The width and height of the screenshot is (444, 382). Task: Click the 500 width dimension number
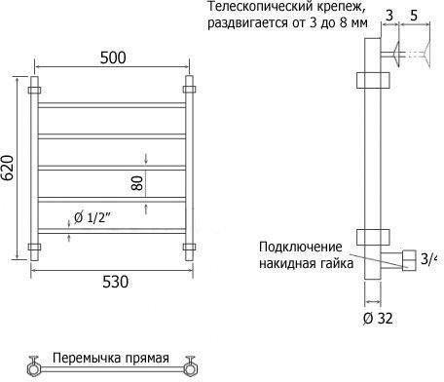click(113, 57)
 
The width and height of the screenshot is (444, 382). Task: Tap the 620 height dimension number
click(8, 168)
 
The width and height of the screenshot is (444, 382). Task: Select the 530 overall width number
click(115, 282)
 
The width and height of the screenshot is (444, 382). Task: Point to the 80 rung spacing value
click(137, 183)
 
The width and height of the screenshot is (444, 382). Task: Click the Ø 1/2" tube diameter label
click(92, 217)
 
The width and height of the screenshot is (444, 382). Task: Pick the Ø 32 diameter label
click(378, 319)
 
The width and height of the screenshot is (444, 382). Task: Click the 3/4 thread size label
click(427, 259)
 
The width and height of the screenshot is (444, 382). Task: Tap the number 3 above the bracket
click(389, 16)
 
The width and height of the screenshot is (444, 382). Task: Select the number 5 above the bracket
click(414, 16)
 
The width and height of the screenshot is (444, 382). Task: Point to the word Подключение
click(301, 247)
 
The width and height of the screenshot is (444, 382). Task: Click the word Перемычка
click(83, 358)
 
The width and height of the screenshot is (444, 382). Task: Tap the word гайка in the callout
click(334, 263)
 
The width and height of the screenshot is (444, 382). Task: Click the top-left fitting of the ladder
click(34, 90)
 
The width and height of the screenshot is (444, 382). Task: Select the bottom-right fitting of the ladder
click(189, 247)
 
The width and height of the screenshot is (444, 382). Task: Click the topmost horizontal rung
click(112, 105)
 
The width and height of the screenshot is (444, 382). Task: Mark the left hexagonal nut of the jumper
click(33, 369)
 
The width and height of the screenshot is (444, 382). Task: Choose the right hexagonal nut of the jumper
click(191, 369)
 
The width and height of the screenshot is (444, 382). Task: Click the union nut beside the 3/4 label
click(409, 260)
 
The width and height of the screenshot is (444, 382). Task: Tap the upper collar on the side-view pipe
click(373, 80)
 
